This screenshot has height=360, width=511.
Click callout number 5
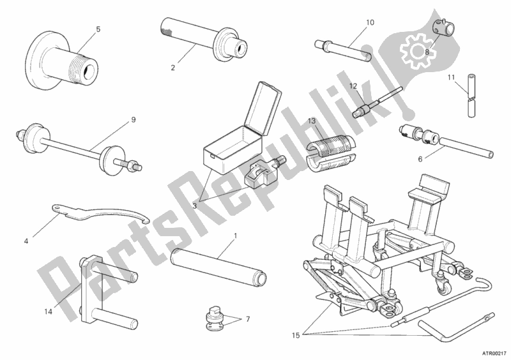(98, 29)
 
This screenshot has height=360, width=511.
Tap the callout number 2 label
(172, 68)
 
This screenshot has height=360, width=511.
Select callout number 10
(370, 22)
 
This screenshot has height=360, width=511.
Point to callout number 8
(427, 52)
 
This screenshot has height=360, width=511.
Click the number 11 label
(451, 77)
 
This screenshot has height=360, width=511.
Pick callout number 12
(354, 86)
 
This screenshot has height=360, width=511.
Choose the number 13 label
(312, 121)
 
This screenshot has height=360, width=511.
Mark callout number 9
(133, 119)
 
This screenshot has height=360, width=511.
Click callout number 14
(49, 311)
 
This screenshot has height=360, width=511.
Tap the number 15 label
(296, 335)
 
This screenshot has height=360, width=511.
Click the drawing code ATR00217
(494, 352)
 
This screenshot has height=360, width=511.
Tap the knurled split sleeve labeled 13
(330, 152)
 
